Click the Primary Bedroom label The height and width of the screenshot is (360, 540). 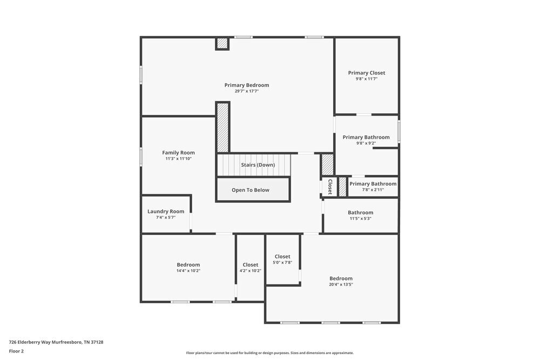[247, 85]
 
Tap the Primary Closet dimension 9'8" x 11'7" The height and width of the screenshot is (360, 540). [366, 79]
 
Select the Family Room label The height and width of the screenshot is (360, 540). [178, 153]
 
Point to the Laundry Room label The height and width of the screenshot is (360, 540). [166, 212]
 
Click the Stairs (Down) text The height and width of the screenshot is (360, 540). [258, 165]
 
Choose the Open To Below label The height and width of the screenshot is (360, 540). [251, 190]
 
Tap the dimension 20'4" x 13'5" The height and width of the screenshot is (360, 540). [341, 284]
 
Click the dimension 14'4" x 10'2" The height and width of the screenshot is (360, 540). [188, 271]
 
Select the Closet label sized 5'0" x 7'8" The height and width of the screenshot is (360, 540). [282, 256]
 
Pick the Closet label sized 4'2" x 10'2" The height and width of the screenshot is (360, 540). [250, 265]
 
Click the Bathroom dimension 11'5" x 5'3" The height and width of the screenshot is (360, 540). [360, 219]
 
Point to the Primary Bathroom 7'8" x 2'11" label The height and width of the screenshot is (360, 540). [373, 184]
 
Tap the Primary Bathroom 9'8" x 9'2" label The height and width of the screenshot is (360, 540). [366, 137]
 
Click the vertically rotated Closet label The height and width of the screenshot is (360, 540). [329, 186]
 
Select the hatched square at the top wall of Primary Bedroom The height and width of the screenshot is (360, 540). [222, 44]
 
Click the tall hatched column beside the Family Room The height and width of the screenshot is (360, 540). [223, 127]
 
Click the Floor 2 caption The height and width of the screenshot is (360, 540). [16, 351]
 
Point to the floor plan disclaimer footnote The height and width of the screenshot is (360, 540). [269, 353]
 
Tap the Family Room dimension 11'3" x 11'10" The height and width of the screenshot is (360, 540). [178, 159]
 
